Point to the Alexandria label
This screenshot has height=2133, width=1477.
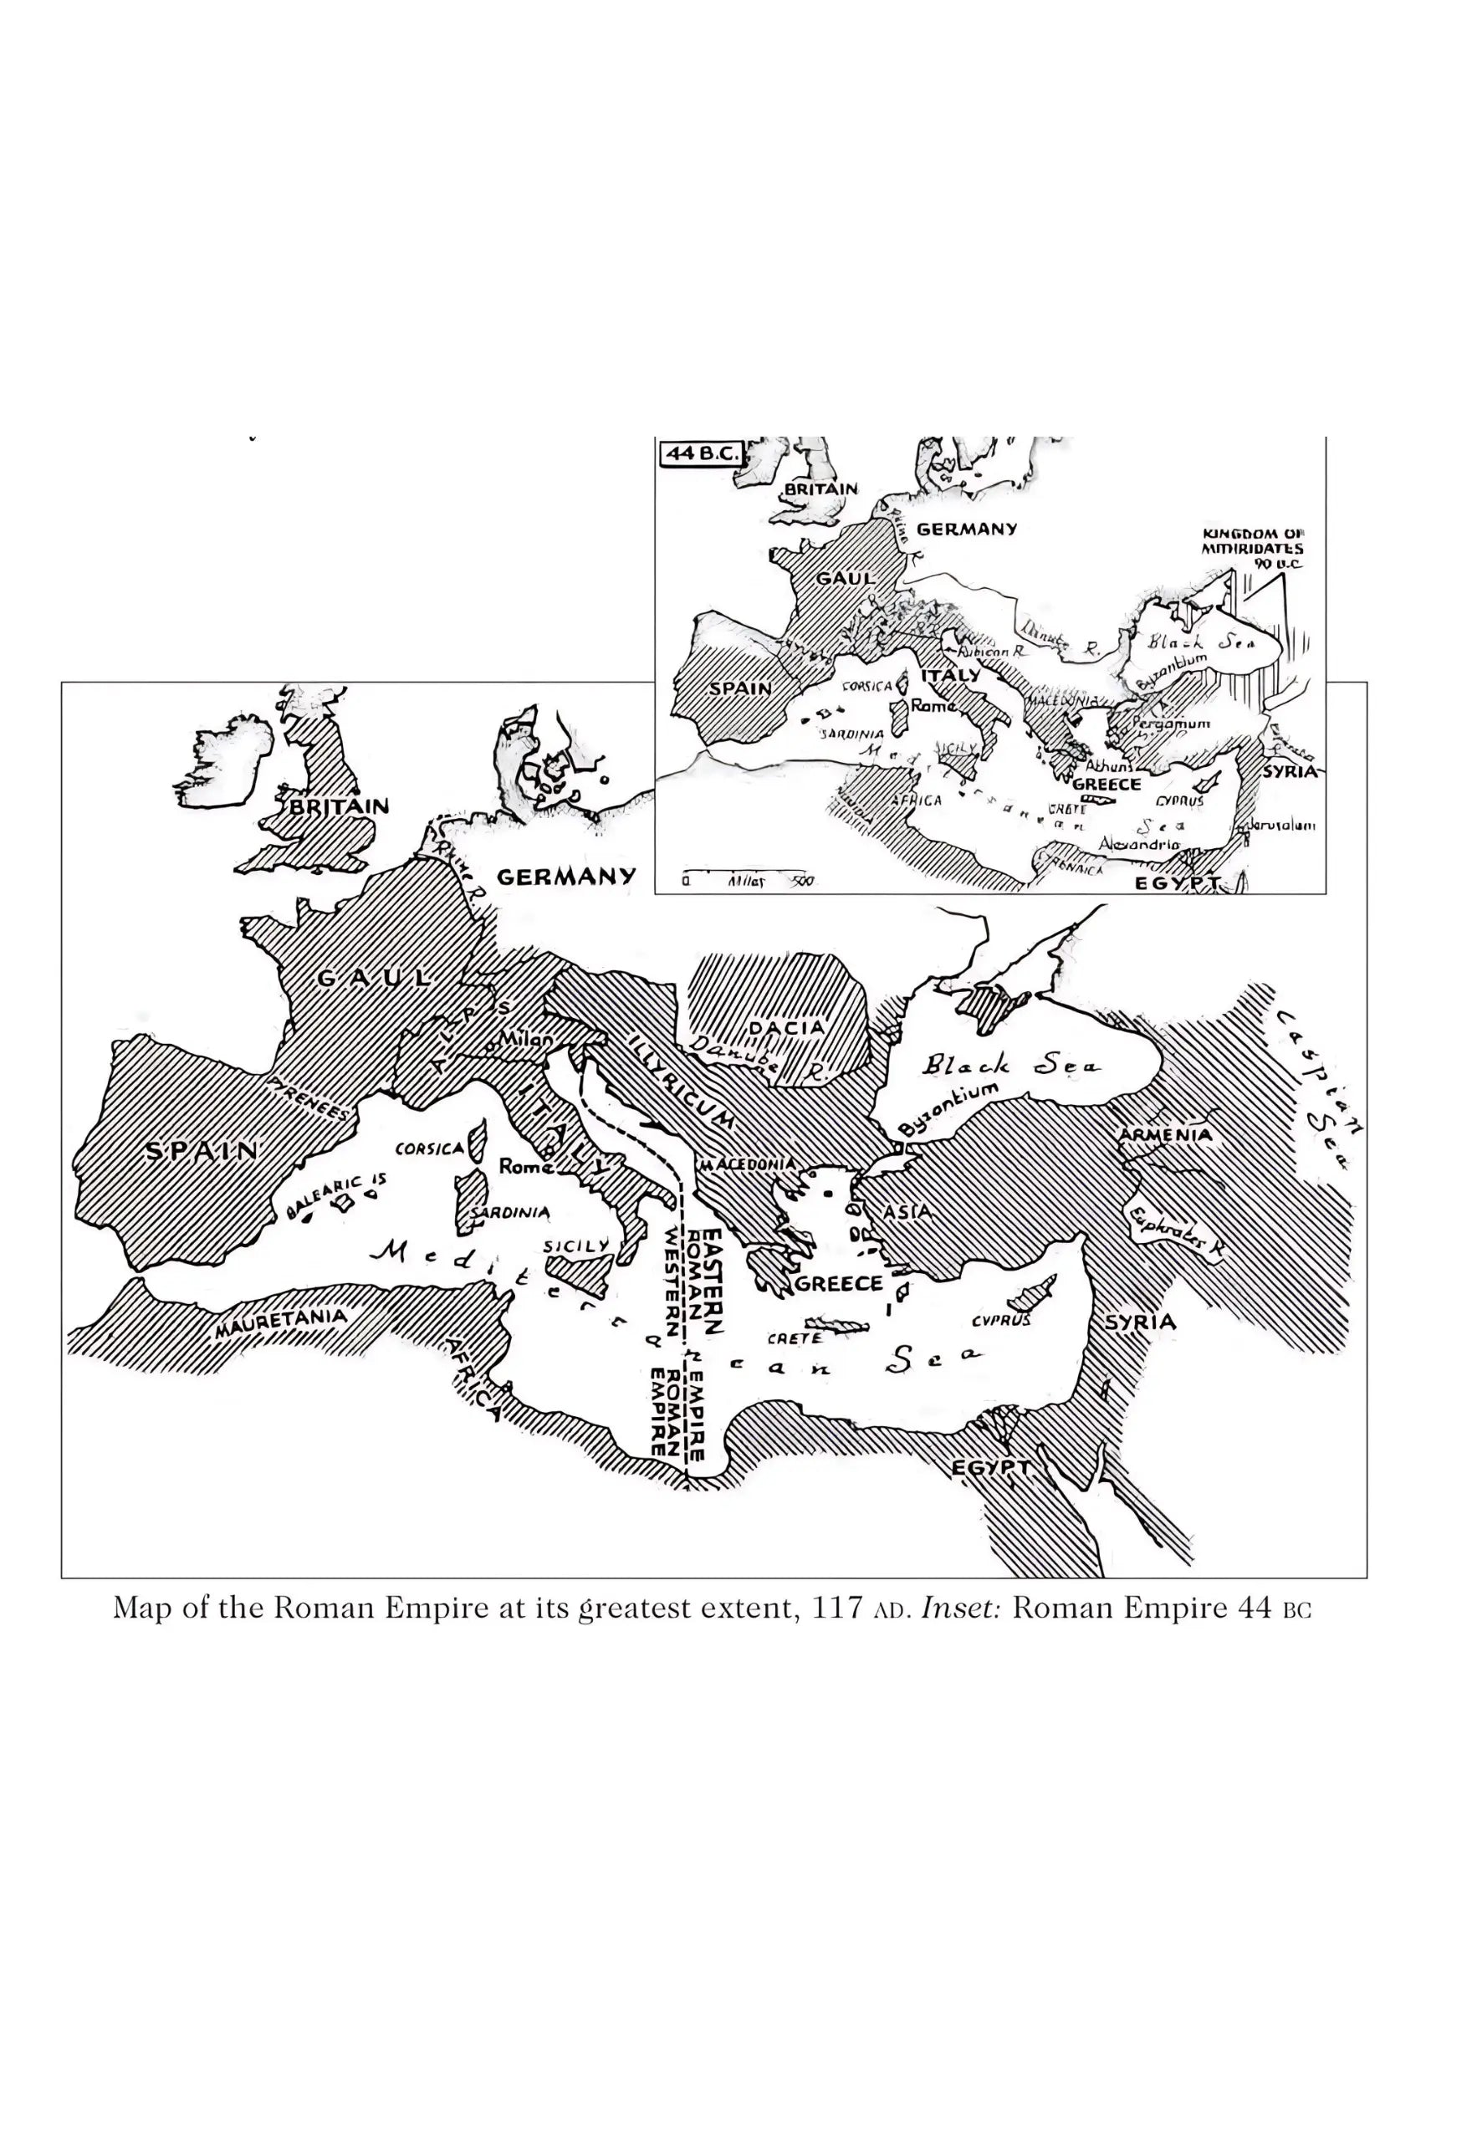[1138, 844]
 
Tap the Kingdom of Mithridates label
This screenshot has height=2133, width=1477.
[1252, 549]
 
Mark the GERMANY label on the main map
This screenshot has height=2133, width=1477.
[566, 877]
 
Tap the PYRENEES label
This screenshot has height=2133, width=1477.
[311, 1098]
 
